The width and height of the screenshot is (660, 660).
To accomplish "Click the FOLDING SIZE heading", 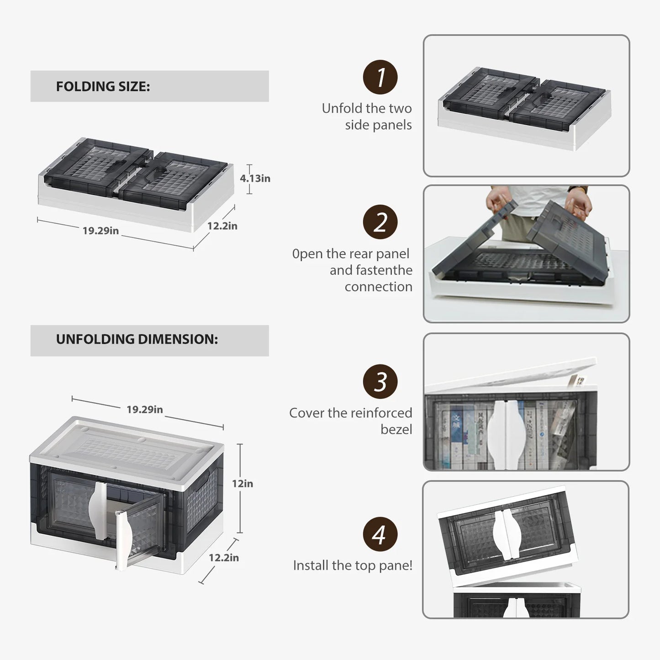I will click(103, 86).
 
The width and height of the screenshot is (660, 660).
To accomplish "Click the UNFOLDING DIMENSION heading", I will click(137, 339).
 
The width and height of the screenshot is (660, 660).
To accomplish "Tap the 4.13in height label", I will click(255, 179).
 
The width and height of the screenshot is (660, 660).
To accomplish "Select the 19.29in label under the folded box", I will click(100, 231).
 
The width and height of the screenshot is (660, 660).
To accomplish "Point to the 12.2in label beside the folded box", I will click(222, 226).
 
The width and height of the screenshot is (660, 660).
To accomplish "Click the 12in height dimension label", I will click(242, 483).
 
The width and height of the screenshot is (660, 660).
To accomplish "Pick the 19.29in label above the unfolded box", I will click(144, 409).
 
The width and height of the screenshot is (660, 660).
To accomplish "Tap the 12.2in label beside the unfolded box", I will click(223, 557).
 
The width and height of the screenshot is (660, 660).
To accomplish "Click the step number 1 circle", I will click(380, 77).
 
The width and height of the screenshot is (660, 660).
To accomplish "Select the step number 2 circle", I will click(380, 222).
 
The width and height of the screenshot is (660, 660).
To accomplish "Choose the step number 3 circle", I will click(380, 381).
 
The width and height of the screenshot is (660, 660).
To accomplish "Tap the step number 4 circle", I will click(380, 534).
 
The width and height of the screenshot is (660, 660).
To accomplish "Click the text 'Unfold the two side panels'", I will click(367, 116).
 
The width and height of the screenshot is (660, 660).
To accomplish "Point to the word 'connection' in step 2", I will click(378, 287).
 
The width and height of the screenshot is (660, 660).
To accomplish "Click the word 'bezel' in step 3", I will click(396, 429).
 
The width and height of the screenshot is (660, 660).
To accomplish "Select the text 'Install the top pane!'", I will click(353, 565).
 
